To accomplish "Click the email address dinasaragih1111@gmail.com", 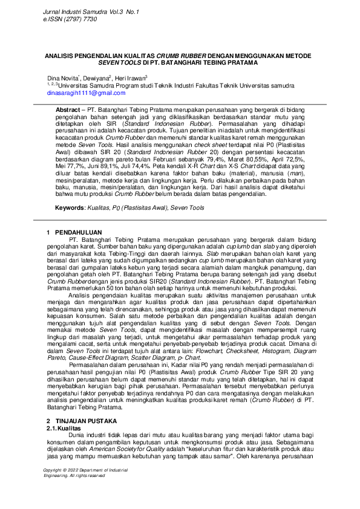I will (x=87, y=93).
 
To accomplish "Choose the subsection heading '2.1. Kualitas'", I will (x=64, y=410).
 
